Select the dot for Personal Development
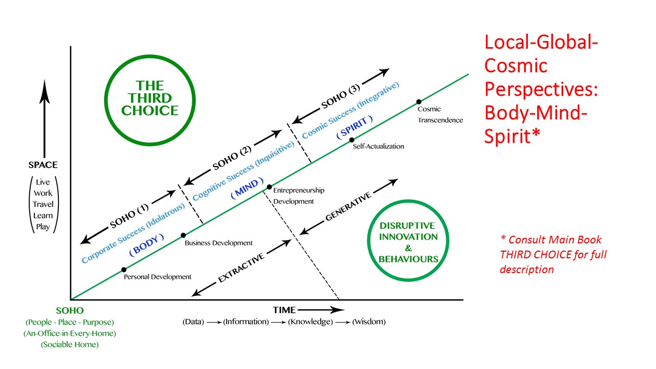point(124,269)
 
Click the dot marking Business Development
point(183,236)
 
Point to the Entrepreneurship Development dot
point(269,187)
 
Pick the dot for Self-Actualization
point(352,139)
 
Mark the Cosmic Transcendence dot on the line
point(418,101)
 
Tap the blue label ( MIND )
point(248,188)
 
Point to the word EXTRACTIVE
point(241,268)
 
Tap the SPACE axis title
point(43,165)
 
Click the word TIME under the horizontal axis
point(284,310)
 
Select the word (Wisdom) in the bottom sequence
point(369,322)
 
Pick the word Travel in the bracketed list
point(43,204)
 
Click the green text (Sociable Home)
point(70,344)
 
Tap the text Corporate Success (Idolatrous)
point(133,233)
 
